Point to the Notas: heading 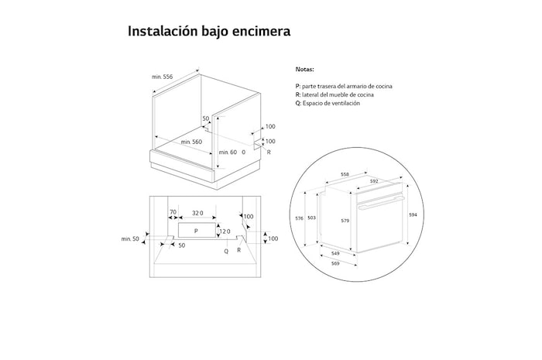(x=304, y=69)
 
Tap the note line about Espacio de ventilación (x=328, y=103)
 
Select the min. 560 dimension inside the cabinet (x=191, y=142)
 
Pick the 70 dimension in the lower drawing (x=173, y=212)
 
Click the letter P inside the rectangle (x=196, y=231)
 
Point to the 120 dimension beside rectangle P (x=225, y=231)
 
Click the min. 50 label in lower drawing (x=130, y=239)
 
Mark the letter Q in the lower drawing (x=226, y=252)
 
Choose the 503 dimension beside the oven (x=311, y=218)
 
